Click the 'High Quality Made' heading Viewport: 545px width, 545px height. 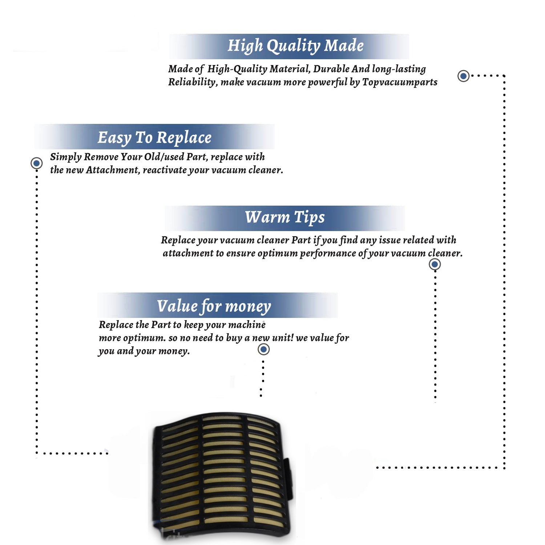[x=295, y=46]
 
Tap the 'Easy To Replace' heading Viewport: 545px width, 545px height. [x=154, y=138]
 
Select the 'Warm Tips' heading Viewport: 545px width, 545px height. [x=284, y=218]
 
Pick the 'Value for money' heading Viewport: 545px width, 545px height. [x=214, y=306]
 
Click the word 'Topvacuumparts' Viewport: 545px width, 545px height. [x=400, y=82]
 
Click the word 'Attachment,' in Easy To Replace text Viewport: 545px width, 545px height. [x=113, y=170]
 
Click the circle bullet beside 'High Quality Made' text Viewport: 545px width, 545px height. [x=463, y=76]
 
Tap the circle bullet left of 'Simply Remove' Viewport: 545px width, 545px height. [x=36, y=163]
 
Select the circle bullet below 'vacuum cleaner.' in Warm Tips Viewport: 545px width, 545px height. [x=435, y=264]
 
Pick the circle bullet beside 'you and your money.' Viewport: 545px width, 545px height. [x=263, y=350]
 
